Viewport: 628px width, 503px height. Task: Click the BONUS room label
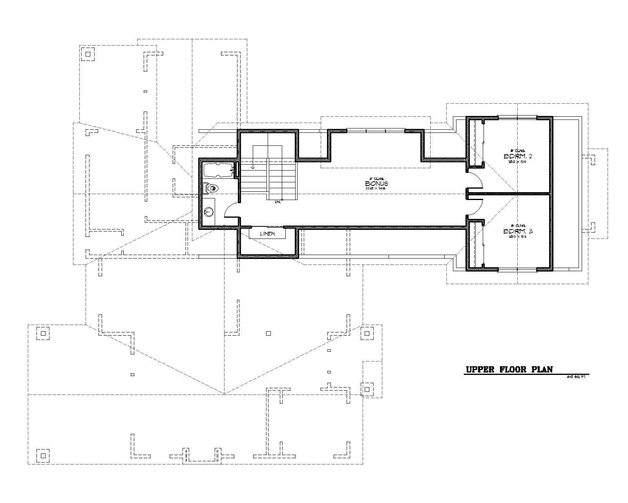tap(376, 183)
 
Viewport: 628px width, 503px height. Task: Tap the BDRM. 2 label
tap(517, 156)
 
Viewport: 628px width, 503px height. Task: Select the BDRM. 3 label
tap(517, 231)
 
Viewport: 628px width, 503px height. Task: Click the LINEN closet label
tap(267, 233)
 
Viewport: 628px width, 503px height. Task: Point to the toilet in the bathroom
tap(212, 189)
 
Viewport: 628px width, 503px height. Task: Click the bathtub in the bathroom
tap(218, 171)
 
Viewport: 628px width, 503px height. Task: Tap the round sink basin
tap(209, 212)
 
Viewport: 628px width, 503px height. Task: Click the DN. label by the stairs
tap(277, 202)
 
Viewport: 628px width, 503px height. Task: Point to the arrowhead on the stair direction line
tap(253, 167)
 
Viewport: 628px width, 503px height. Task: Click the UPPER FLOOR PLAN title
tap(509, 369)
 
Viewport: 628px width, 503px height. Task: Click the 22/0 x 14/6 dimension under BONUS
tap(376, 188)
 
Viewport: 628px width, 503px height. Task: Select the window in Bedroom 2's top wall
tap(517, 117)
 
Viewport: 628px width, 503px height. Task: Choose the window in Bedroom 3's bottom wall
tap(517, 270)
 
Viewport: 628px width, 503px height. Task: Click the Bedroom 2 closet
tap(475, 142)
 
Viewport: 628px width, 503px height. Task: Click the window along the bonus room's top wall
tap(376, 130)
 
